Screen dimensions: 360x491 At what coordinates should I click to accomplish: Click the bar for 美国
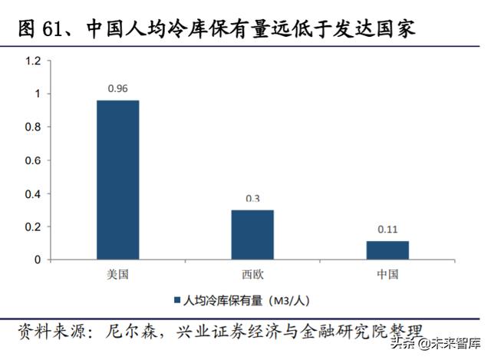[x=117, y=180]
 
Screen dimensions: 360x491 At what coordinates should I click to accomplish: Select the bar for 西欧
[x=252, y=234]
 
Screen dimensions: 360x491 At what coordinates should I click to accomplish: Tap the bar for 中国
[x=387, y=250]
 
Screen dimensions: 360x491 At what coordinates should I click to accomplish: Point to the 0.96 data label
[x=117, y=88]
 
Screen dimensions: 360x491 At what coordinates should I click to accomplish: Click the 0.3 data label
[x=252, y=199]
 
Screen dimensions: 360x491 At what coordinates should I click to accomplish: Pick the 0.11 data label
[x=387, y=229]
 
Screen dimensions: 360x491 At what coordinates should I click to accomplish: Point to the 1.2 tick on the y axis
[x=33, y=61]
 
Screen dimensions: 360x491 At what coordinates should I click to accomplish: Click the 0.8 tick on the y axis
[x=33, y=127]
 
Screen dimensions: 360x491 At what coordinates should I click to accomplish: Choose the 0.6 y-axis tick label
[x=33, y=160]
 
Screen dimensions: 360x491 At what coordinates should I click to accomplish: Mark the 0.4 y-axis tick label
[x=33, y=193]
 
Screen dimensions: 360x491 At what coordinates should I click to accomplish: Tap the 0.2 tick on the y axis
[x=33, y=226]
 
